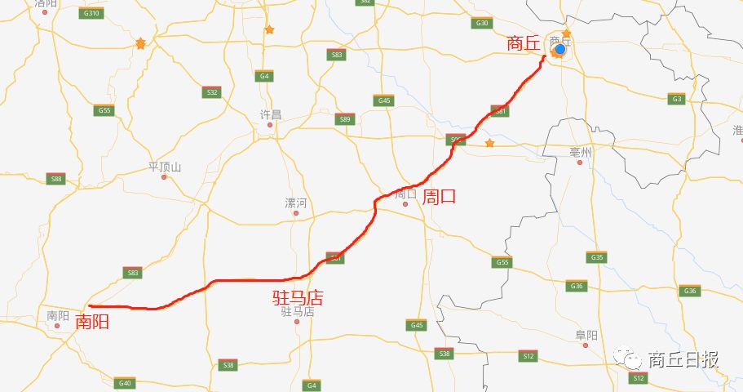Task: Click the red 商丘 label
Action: point(524,43)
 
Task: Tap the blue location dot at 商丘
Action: point(560,49)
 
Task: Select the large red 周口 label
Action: point(439,196)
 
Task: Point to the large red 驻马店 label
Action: point(298,297)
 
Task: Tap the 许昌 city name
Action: point(270,114)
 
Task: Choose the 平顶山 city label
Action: point(164,167)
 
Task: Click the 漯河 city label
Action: point(295,203)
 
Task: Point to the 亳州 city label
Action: point(580,152)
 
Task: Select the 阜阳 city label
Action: point(586,335)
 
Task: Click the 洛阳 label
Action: point(46,4)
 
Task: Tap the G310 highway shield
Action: point(91,14)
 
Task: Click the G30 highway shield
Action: point(482,23)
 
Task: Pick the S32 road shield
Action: point(212,92)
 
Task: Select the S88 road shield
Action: point(56,179)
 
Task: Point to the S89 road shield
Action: point(346,119)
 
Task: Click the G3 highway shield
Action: point(675,99)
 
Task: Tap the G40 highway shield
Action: point(124,383)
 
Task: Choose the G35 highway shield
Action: point(596,257)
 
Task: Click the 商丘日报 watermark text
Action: point(683,359)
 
